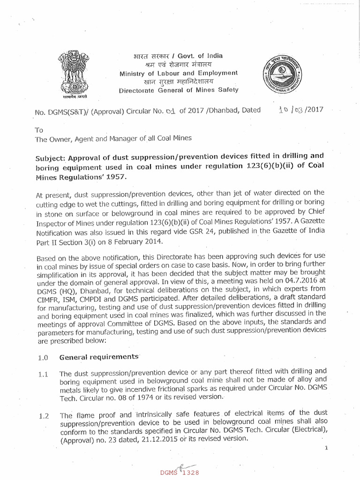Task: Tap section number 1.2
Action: click(x=43, y=413)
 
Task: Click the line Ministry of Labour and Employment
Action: click(x=179, y=73)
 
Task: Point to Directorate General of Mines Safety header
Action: click(x=179, y=90)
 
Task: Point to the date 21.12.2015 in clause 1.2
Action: click(x=149, y=439)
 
